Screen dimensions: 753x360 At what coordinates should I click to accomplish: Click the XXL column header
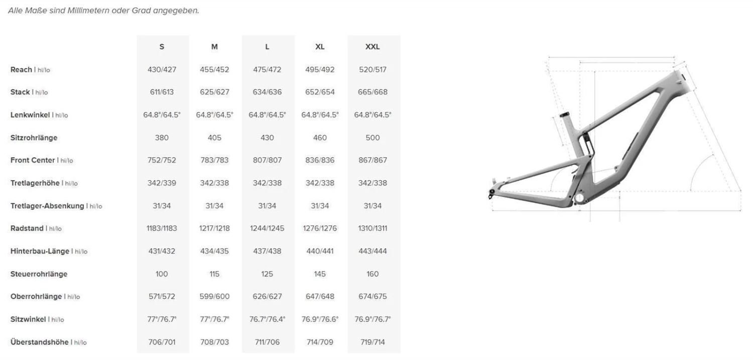(x=372, y=47)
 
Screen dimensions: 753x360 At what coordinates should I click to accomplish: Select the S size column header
(x=162, y=47)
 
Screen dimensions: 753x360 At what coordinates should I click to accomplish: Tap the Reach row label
(x=21, y=70)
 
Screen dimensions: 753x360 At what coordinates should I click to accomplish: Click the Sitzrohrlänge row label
(x=34, y=138)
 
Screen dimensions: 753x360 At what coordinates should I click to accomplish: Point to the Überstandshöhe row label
(x=39, y=342)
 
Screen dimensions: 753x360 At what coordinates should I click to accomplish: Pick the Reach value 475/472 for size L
(x=267, y=70)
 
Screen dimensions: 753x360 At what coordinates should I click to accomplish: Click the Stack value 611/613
(x=162, y=92)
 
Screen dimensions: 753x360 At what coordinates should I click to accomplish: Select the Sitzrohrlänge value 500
(x=372, y=138)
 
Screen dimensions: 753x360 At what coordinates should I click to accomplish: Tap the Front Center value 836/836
(x=320, y=160)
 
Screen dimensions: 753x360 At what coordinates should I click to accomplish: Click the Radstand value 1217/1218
(x=214, y=228)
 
